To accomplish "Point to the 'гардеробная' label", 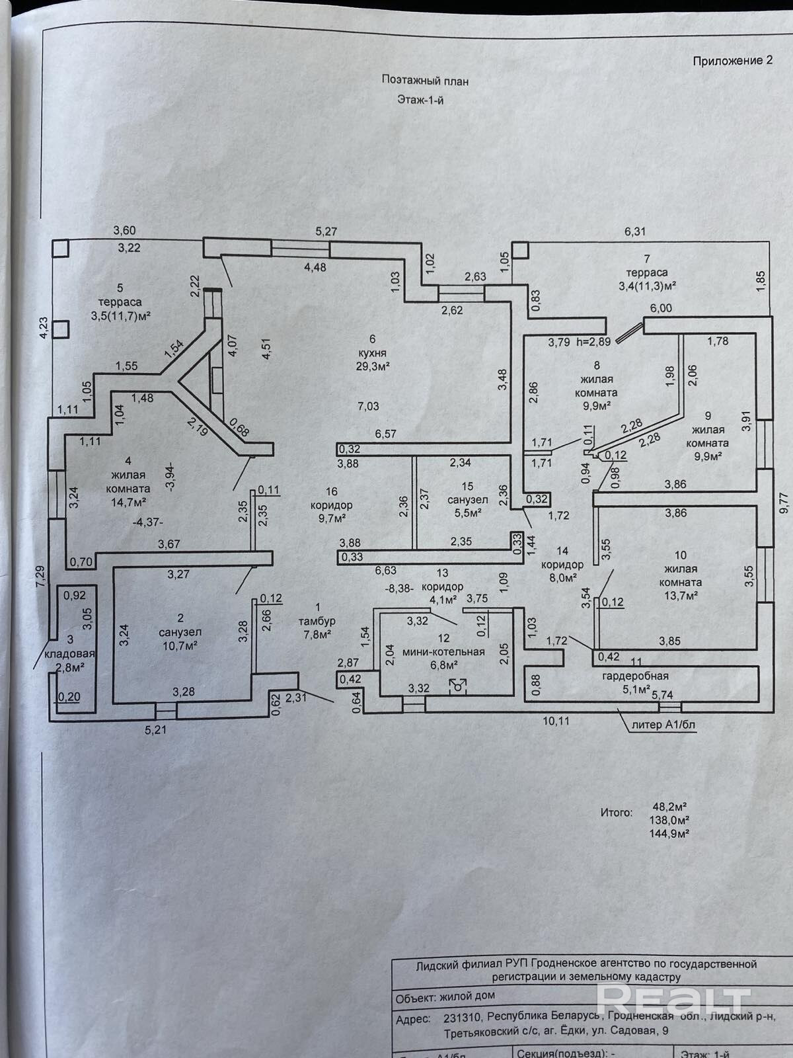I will click(x=636, y=676).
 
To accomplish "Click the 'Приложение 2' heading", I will click(x=732, y=61).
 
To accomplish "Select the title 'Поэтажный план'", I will click(x=425, y=81).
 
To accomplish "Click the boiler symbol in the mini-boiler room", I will click(x=457, y=686).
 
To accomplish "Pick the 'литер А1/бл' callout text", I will click(x=663, y=724).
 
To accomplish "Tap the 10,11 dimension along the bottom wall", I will click(x=555, y=721).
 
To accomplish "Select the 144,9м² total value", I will click(x=669, y=833).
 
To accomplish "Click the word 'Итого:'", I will click(x=616, y=812).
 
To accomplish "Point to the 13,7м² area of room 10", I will click(x=680, y=595).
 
